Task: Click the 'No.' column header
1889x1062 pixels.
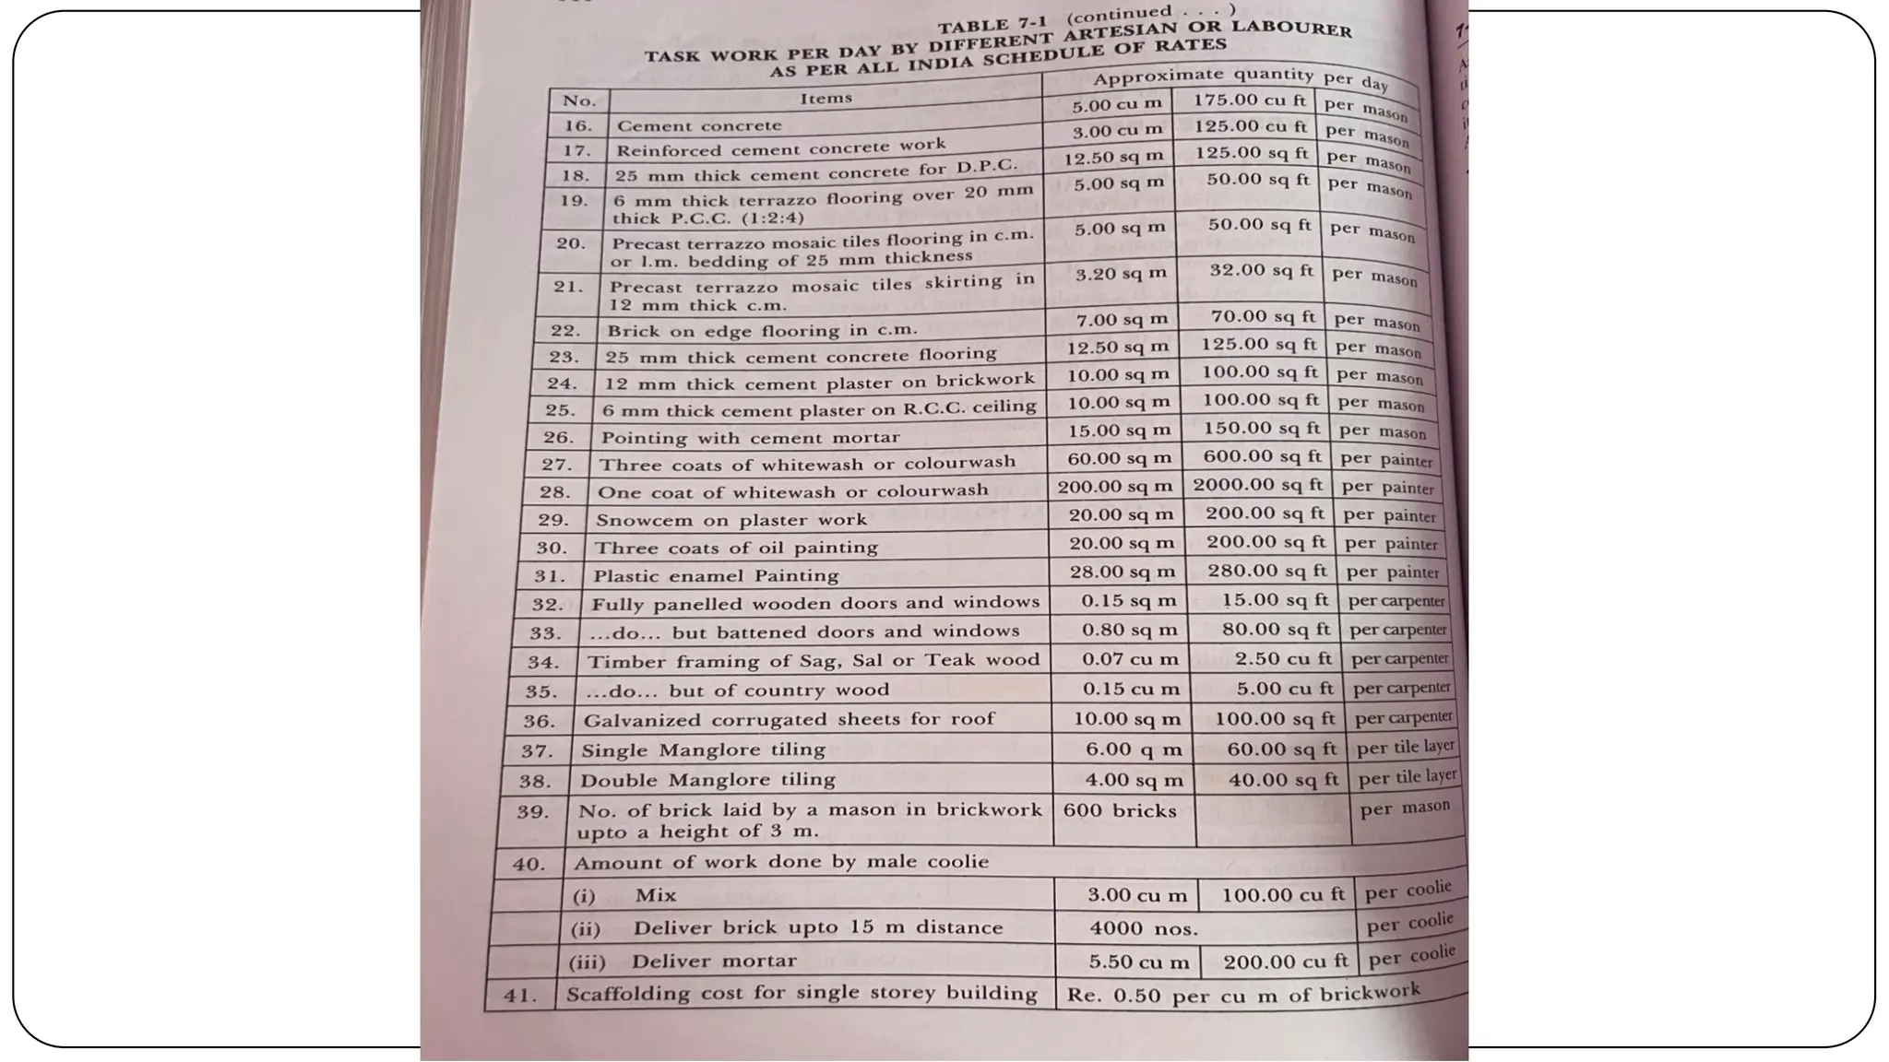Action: (579, 100)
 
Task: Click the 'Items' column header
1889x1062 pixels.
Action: (826, 98)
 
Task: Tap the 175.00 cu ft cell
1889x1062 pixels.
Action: (1250, 100)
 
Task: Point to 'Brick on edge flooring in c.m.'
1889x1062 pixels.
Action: (761, 330)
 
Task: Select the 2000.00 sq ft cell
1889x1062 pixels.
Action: (1257, 485)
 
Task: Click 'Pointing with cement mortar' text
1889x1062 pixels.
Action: (750, 438)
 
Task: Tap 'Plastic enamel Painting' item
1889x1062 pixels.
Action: (716, 576)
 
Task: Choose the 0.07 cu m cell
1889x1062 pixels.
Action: (1130, 659)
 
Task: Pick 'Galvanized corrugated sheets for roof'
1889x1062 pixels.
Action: (789, 719)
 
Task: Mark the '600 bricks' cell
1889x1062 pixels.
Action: (1120, 811)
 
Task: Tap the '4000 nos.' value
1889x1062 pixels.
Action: (1143, 929)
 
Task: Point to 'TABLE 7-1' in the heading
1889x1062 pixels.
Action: (997, 24)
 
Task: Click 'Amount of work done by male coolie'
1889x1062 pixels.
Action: (780, 863)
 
